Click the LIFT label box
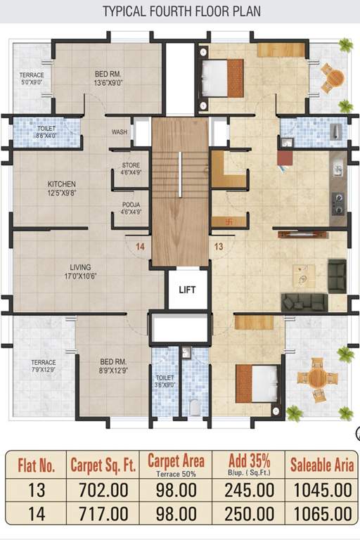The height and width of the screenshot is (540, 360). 187,289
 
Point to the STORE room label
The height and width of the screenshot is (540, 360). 131,166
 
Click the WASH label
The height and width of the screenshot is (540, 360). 119,132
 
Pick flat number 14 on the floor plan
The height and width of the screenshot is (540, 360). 139,246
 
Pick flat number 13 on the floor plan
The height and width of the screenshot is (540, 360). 219,246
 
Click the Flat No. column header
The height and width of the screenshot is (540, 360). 34,464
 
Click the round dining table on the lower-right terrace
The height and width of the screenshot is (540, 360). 316,378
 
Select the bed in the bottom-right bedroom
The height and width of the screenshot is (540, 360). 256,383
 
